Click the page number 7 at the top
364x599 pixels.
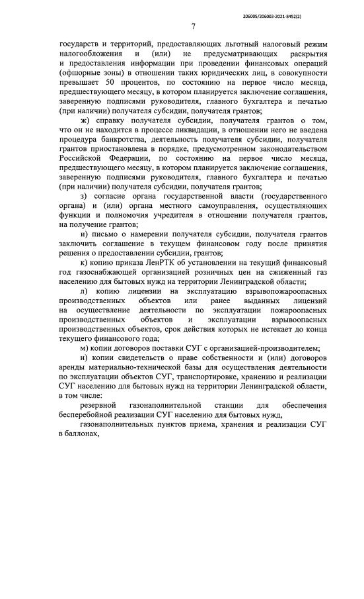193,27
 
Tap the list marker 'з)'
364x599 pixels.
84,197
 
